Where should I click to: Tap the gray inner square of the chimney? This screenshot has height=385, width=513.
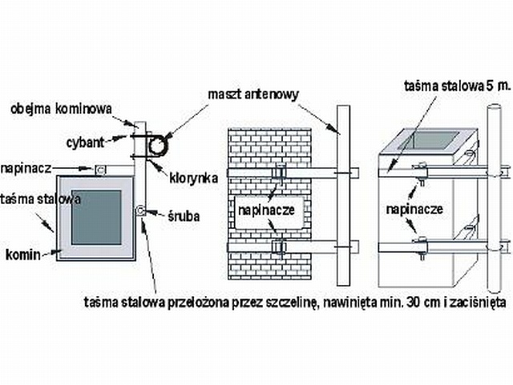(x=95, y=217)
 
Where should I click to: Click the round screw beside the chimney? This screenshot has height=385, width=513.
(x=140, y=211)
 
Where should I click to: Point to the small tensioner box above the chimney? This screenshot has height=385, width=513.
(x=100, y=170)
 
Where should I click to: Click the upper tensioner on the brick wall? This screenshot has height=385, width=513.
(x=279, y=174)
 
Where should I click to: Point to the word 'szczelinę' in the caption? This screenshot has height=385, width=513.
(x=293, y=302)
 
